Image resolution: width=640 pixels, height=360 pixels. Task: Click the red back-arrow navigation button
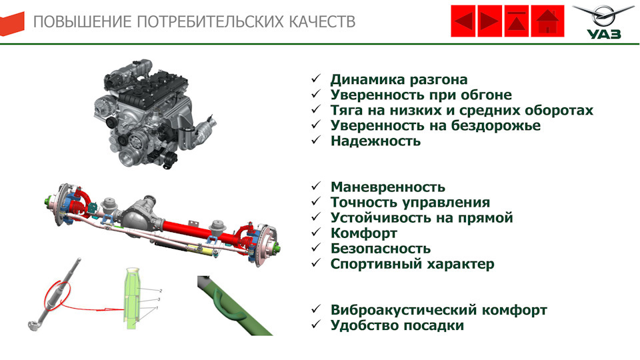coord(463,21)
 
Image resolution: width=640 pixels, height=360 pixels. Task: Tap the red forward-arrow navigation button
coord(490,21)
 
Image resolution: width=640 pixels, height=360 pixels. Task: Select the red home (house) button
coord(548,21)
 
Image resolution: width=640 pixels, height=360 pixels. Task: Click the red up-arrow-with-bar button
coord(517,21)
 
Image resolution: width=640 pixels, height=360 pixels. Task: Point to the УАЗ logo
coord(603,22)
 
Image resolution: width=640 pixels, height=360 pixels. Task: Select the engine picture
coord(154,113)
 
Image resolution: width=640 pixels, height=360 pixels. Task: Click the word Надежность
coord(375,141)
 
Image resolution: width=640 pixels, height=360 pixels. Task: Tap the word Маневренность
coord(388,187)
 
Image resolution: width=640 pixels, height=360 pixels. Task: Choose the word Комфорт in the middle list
coord(364,233)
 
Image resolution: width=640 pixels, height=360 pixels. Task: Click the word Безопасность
coord(381,249)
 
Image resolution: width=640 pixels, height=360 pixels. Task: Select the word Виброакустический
coord(404,310)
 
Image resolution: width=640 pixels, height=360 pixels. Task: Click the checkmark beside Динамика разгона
coord(316,79)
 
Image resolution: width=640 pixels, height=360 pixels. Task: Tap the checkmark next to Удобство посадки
coord(316,324)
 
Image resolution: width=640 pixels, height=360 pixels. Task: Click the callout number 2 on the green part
coord(161,291)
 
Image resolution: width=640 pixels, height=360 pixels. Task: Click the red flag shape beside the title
coord(12,24)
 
